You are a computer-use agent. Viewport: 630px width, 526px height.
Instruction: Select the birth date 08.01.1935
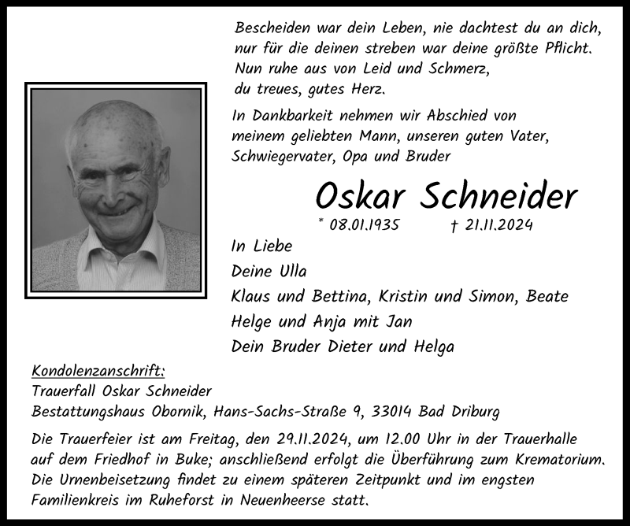pyautogui.click(x=365, y=225)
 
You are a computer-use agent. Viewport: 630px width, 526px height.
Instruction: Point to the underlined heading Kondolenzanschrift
pyautogui.click(x=98, y=371)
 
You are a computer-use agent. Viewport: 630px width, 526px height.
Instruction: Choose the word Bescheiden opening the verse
pyautogui.click(x=274, y=28)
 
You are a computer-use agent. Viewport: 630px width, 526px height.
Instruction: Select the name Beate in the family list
pyautogui.click(x=547, y=297)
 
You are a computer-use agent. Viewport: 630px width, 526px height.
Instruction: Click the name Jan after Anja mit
pyautogui.click(x=398, y=322)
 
